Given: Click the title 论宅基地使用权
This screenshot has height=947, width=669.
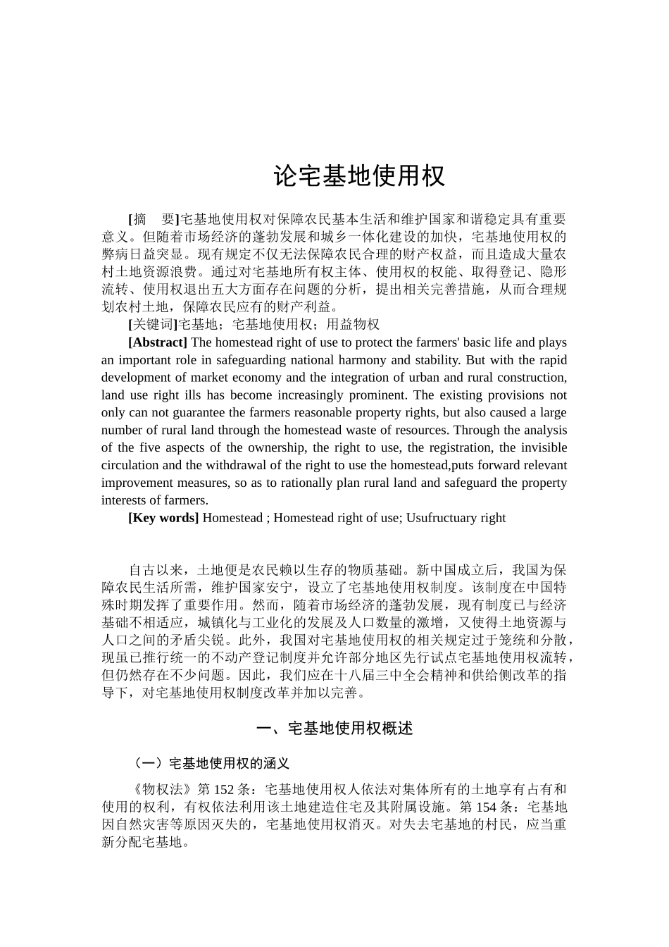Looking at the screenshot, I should (359, 176).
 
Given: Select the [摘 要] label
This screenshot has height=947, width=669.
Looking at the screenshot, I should (154, 219).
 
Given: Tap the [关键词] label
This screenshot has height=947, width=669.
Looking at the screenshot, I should (152, 324).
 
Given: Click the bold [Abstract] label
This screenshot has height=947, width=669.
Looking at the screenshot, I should (158, 342).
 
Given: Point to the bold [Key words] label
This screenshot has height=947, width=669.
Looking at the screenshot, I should (163, 518).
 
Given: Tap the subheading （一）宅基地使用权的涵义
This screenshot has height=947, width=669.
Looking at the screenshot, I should (211, 763).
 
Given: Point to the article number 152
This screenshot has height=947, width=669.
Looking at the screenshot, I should (223, 789).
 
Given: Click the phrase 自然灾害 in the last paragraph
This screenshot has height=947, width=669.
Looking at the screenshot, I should (148, 824).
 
